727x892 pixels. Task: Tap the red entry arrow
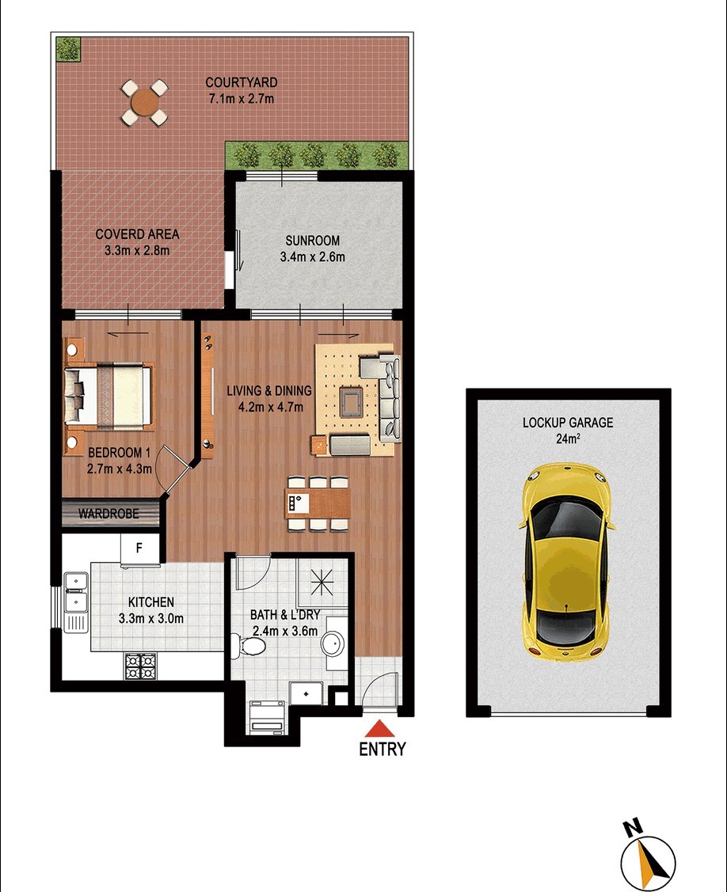pyautogui.click(x=379, y=729)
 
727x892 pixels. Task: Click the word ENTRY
pyautogui.click(x=382, y=750)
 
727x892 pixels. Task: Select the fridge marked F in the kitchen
pyautogui.click(x=139, y=549)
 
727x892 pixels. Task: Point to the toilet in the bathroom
pyautogui.click(x=249, y=645)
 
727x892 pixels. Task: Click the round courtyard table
pyautogui.click(x=145, y=103)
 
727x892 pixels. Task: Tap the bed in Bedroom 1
pyautogui.click(x=108, y=396)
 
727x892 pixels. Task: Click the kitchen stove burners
pyautogui.click(x=141, y=666)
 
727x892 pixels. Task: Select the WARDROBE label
pyautogui.click(x=108, y=514)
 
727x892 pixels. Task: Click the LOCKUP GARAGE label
pyautogui.click(x=568, y=423)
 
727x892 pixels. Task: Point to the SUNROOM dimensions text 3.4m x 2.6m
pyautogui.click(x=313, y=256)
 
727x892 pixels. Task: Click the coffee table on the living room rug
pyautogui.click(x=350, y=400)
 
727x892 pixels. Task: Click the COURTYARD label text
pyautogui.click(x=242, y=82)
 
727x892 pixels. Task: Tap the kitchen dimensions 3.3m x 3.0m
pyautogui.click(x=151, y=618)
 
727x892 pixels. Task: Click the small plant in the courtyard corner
pyautogui.click(x=68, y=49)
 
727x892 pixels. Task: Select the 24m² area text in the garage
pyautogui.click(x=568, y=438)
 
